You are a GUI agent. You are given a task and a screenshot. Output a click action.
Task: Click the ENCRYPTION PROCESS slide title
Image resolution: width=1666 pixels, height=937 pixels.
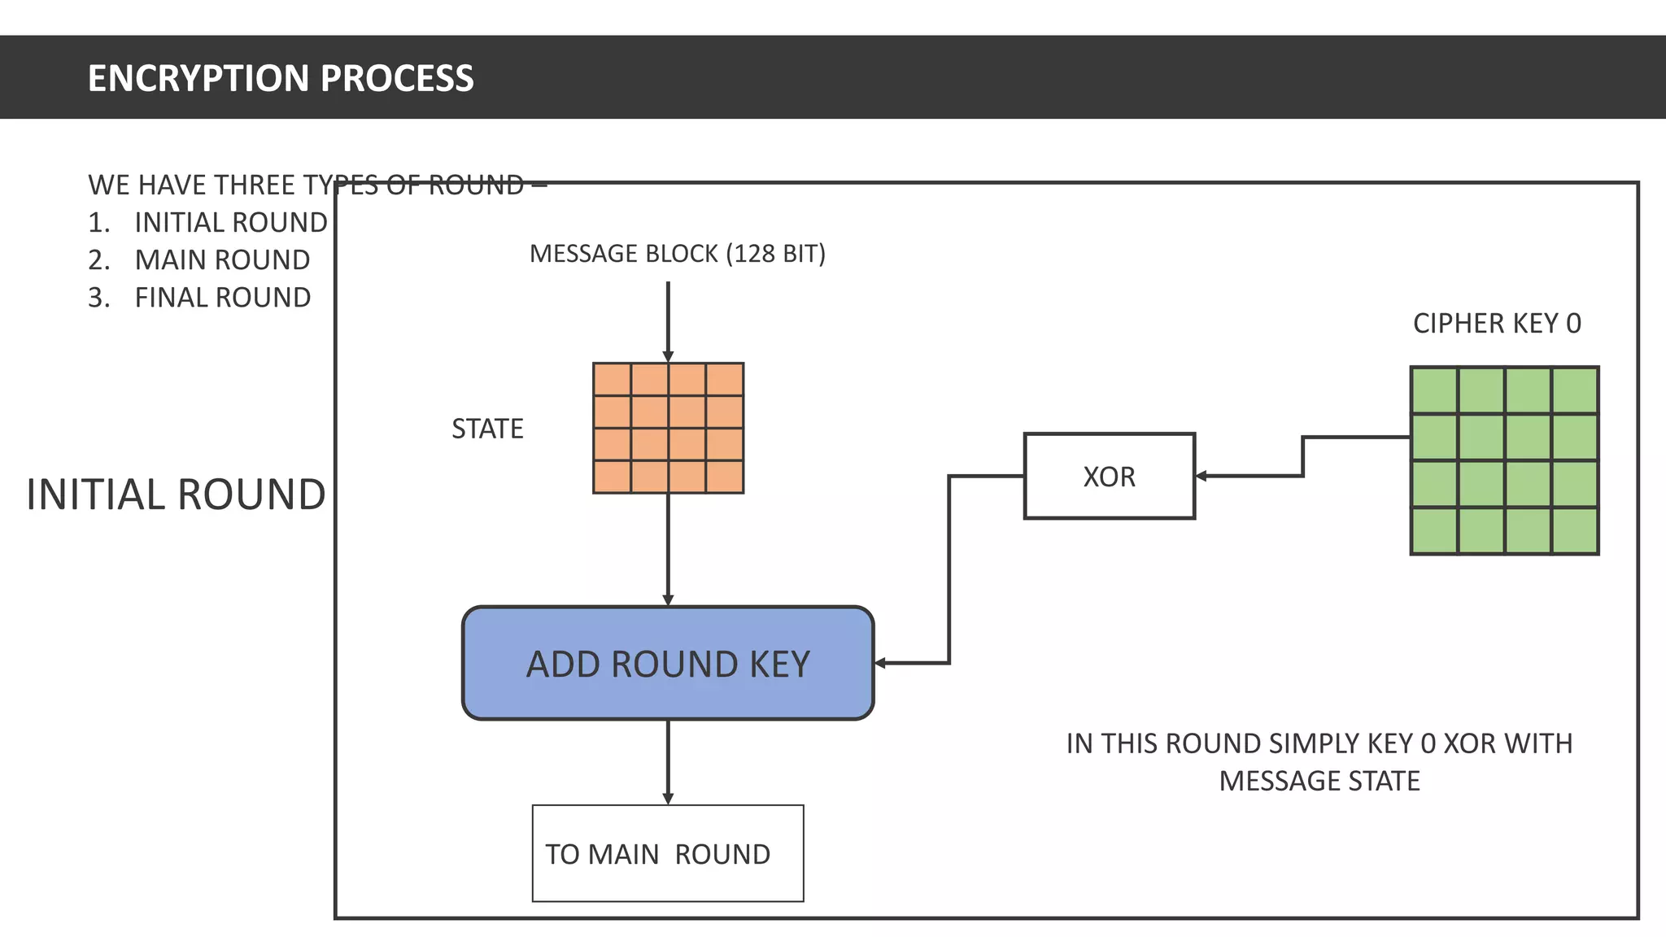click(x=280, y=78)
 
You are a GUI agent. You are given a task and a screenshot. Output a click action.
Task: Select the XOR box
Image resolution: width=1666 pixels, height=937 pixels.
click(x=1109, y=476)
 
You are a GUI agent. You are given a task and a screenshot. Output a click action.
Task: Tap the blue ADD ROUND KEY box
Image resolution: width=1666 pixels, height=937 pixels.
click(x=667, y=664)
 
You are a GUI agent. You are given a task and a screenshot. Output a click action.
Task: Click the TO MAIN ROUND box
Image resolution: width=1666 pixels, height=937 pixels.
click(x=667, y=853)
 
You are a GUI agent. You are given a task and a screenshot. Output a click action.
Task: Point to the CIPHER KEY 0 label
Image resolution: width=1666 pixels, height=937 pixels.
click(x=1497, y=324)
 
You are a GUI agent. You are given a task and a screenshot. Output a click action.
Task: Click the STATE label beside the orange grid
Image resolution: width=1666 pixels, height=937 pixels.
click(x=487, y=429)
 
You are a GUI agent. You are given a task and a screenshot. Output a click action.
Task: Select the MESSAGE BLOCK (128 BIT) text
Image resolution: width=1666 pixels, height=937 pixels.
click(x=677, y=254)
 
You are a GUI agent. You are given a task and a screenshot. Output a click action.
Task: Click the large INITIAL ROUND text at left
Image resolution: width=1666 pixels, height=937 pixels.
click(x=176, y=495)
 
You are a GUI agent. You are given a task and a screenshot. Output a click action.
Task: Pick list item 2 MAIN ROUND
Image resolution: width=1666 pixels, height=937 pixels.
click(x=221, y=260)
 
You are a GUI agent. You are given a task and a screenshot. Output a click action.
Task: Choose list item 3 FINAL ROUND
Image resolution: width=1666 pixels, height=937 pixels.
click(x=221, y=298)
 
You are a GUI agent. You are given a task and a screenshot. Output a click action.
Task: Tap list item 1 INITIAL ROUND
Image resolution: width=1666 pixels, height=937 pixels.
click(x=230, y=223)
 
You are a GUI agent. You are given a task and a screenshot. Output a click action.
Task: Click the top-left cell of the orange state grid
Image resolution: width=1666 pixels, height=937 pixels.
click(x=613, y=380)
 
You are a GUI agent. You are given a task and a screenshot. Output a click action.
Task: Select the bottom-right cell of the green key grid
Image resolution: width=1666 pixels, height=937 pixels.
click(x=1575, y=531)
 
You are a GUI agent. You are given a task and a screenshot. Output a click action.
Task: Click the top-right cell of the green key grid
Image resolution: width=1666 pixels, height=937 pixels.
click(x=1575, y=390)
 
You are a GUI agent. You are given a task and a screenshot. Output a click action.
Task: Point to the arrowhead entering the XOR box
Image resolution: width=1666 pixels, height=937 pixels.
click(x=1202, y=476)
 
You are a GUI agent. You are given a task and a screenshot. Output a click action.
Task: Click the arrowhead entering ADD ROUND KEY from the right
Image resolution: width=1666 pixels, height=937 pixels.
click(x=880, y=663)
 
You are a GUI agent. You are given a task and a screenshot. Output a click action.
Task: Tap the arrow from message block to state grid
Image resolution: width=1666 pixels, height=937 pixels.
click(x=668, y=317)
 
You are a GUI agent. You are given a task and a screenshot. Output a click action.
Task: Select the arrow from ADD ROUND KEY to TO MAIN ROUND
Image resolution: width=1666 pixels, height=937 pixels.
click(x=668, y=760)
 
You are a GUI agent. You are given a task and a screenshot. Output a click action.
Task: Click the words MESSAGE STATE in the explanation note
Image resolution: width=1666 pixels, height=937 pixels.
click(x=1319, y=781)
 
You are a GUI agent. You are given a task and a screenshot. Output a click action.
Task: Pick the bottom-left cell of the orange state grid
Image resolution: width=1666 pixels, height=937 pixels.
click(x=613, y=477)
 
